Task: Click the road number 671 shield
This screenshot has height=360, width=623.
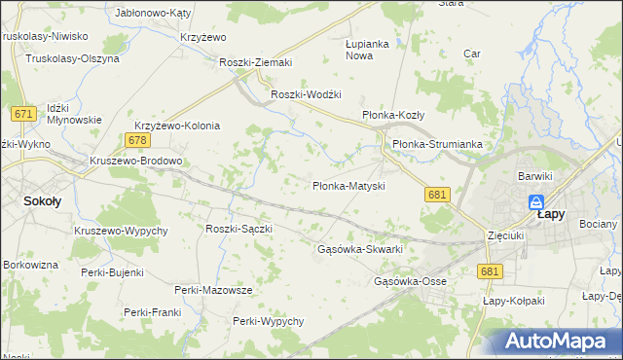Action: click(24, 114)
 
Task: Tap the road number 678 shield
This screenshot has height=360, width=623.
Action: click(136, 141)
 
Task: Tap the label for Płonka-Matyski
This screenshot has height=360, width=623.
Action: click(349, 185)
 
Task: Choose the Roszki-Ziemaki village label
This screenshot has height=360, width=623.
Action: click(256, 62)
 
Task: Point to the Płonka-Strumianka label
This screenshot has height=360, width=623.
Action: click(437, 144)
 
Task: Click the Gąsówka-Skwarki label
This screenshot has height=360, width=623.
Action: click(360, 249)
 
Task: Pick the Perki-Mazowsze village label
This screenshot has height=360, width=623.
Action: click(213, 290)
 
